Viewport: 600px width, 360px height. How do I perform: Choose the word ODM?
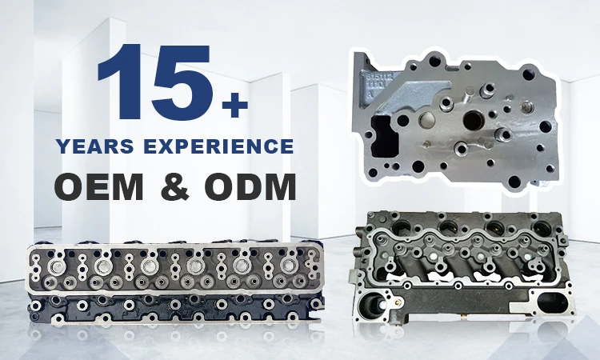point(252,188)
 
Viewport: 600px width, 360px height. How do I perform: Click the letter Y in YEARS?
point(62,147)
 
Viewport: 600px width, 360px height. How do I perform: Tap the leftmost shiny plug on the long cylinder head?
point(57,266)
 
